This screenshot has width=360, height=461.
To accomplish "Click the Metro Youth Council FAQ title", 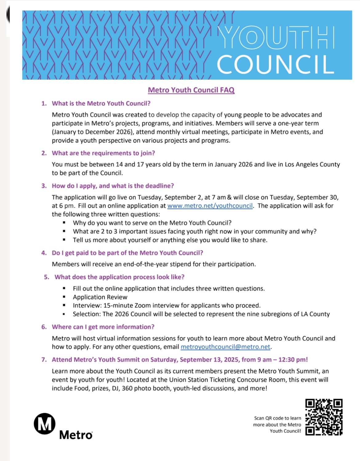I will [x=191, y=90].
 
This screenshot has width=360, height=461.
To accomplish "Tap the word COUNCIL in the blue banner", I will [x=275, y=65].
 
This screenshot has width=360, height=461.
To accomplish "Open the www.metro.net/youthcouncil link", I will [x=210, y=206].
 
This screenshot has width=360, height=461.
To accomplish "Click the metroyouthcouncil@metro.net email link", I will [x=225, y=347].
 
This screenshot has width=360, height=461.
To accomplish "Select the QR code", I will [x=324, y=417].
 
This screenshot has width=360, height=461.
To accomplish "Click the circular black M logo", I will [x=45, y=424].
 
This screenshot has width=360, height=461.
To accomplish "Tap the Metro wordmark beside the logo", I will [x=76, y=435].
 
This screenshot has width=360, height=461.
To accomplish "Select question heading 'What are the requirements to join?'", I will [x=103, y=153].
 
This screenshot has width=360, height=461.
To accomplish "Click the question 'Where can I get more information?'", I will [x=103, y=327].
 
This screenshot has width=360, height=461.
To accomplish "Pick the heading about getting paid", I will [x=127, y=253].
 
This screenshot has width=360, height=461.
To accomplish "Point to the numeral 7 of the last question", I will [x=44, y=360].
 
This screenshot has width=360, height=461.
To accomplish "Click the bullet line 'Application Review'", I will [x=100, y=297].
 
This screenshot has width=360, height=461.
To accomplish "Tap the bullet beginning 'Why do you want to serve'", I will [x=152, y=223].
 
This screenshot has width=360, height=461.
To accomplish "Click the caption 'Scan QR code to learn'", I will [x=278, y=418].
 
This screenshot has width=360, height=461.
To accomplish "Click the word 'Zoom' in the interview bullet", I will [x=142, y=305].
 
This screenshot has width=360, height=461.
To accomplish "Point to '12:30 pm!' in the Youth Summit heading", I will [x=293, y=360].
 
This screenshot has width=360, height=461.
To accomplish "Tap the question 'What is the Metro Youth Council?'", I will [x=101, y=103].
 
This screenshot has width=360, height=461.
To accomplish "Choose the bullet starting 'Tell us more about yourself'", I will [x=170, y=240].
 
